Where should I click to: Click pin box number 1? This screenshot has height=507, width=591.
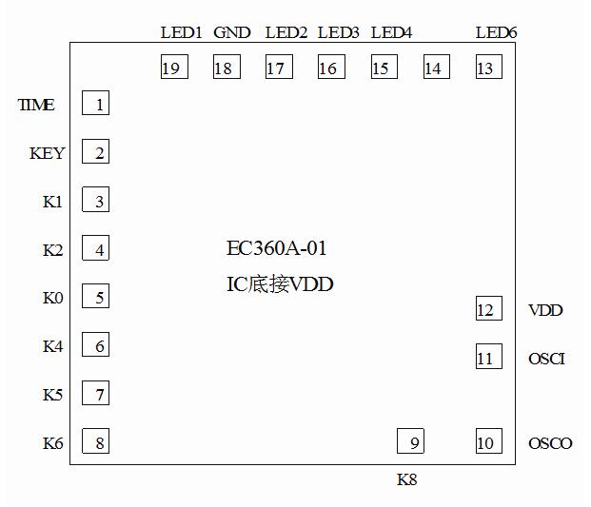click(96, 104)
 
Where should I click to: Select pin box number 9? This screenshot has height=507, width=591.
click(410, 442)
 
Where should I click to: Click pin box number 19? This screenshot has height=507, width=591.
click(174, 68)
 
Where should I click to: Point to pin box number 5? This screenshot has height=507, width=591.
click(96, 297)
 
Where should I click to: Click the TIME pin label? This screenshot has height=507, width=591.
click(37, 105)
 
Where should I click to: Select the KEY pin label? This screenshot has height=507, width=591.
click(48, 153)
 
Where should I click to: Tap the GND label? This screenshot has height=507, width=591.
click(232, 33)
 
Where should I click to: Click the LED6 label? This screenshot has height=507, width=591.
click(496, 33)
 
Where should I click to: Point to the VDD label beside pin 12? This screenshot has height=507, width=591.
click(545, 310)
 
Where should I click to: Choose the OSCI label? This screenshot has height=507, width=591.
click(546, 359)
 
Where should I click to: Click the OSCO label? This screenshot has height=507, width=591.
click(550, 443)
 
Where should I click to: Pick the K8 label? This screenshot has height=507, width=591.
click(407, 479)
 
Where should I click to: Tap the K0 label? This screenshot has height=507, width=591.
click(53, 298)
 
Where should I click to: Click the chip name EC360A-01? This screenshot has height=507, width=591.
click(277, 249)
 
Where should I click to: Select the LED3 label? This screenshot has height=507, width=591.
click(338, 33)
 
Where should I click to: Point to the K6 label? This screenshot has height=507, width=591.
click(53, 442)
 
